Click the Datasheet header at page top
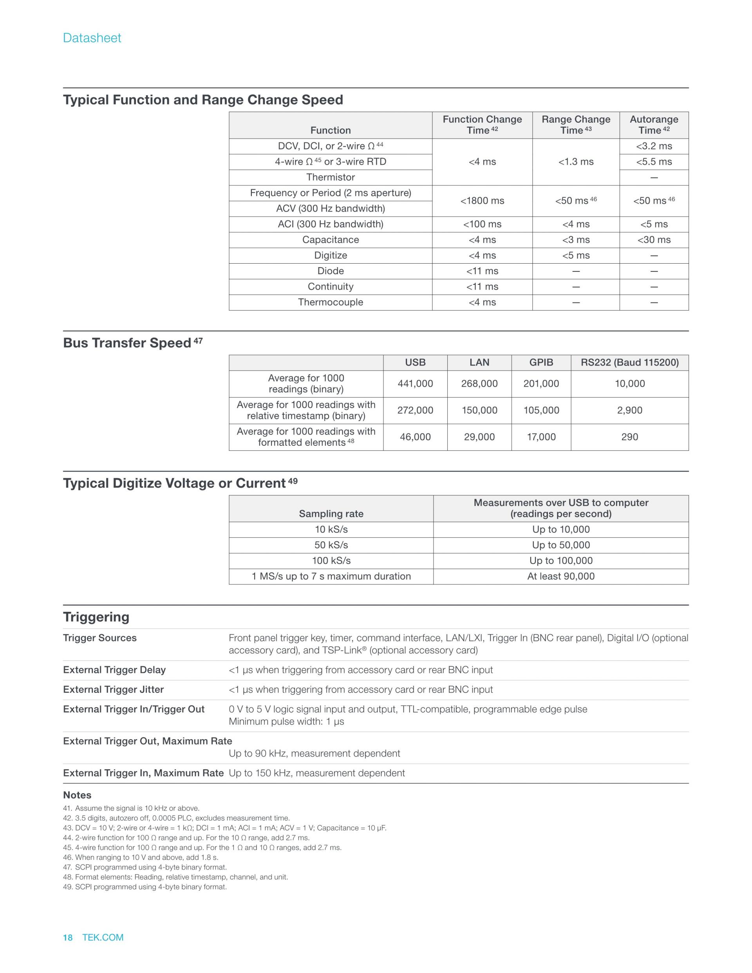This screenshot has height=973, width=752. pos(92,38)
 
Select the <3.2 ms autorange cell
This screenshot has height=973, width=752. pos(654,146)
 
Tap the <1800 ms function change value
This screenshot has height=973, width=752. pos(482,201)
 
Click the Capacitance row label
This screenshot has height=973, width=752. pos(330,240)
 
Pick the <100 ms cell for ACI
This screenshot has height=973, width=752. pos(482,224)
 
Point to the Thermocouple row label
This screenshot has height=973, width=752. pos(330,302)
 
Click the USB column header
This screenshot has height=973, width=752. pos(415,363)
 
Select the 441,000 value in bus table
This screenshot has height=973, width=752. pos(415,383)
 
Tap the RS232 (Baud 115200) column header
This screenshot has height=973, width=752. pos(629,363)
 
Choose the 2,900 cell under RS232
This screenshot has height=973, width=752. pos(629,411)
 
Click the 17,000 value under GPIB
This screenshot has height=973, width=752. pos(541,437)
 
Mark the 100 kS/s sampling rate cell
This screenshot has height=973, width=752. pos(331,561)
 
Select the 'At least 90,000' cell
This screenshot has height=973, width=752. pos(560,576)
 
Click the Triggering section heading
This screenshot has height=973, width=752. pos(96,617)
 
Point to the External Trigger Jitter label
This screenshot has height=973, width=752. pos(114,690)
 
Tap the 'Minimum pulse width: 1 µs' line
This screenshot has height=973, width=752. pos(286,722)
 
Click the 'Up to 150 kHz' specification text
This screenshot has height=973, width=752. pos(317,773)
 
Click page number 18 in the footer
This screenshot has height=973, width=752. pos(68,937)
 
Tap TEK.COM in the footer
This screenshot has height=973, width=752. pos(103,937)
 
